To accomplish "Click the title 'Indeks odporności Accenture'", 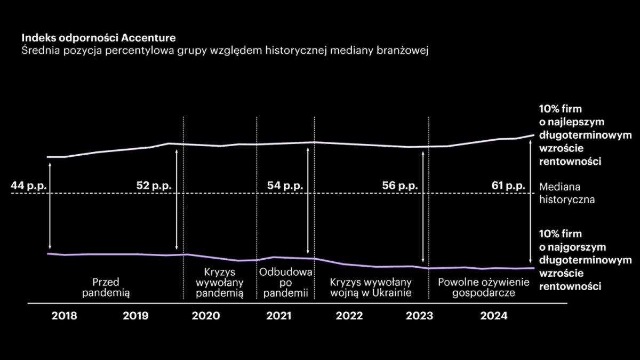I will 99,38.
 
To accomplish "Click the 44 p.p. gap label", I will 30,186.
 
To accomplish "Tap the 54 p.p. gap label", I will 285,186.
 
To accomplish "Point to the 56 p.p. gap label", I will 401,186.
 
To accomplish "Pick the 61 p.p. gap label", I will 509,186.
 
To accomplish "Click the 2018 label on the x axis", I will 65,316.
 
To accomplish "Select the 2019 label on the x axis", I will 136,316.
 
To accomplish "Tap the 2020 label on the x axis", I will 205,316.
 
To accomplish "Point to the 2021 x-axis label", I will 278,316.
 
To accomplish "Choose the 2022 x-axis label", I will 349,316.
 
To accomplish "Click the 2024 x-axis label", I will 493,316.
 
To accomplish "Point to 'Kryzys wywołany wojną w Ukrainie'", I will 371,287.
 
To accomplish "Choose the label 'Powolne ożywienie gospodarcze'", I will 483,287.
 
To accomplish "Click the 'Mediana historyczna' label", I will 567,194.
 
